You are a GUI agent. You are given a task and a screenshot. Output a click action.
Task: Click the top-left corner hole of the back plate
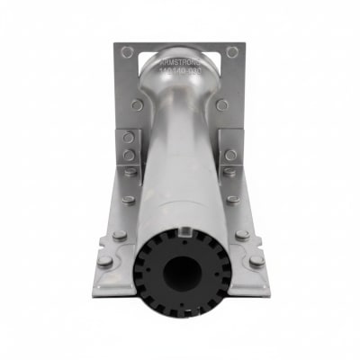pos(127,52)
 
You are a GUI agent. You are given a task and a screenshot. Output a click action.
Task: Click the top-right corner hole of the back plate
pos(232,52)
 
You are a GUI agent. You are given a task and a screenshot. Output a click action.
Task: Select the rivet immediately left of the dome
pos(137,104)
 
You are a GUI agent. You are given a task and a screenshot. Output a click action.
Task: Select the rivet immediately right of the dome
pos(222,104)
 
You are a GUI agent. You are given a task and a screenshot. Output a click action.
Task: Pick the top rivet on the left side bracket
pos(129,138)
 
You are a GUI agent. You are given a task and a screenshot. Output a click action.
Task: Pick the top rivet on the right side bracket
pos(231,138)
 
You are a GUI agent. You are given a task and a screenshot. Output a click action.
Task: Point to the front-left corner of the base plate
pos(95,292)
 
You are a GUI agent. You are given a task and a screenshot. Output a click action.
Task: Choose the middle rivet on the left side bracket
pos(128,154)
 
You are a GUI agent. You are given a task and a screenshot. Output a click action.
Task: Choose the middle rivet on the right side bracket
pos(231,154)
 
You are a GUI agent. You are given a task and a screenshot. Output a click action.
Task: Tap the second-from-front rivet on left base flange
pos(119,235)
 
